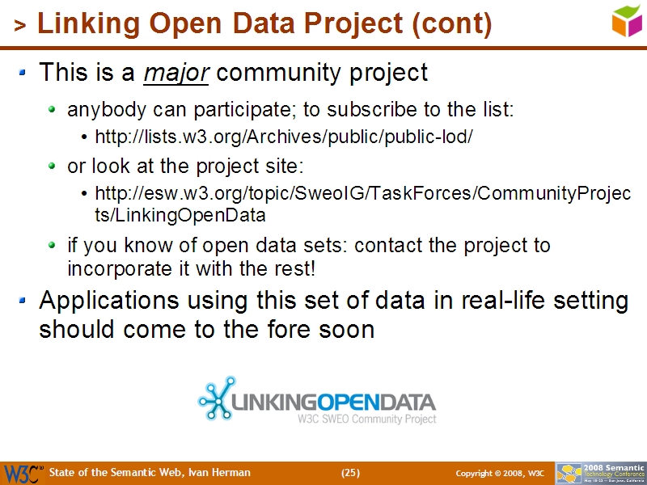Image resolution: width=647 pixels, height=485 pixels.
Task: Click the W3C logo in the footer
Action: click(22, 473)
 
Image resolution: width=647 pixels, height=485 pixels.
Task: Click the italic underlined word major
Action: click(176, 73)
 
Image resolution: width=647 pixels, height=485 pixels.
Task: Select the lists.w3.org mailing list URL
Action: click(283, 137)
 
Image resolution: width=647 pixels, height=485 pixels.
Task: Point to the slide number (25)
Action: click(350, 473)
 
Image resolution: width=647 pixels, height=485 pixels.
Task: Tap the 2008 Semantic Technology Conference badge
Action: click(600, 473)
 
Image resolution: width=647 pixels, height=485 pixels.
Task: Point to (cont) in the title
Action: click(452, 25)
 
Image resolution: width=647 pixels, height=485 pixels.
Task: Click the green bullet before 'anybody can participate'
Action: click(53, 109)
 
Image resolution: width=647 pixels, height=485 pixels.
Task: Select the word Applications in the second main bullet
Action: click(110, 301)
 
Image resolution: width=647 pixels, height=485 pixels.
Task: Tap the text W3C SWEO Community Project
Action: click(366, 420)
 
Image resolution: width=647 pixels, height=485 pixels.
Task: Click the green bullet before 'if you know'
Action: click(53, 245)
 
